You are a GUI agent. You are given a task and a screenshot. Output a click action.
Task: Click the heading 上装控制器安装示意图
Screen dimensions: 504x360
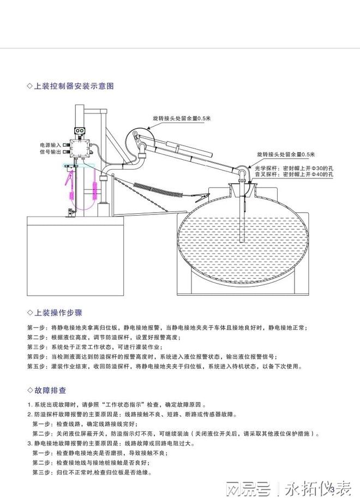click(x=74, y=86)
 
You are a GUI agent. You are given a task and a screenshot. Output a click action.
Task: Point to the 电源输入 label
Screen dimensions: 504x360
click(x=50, y=145)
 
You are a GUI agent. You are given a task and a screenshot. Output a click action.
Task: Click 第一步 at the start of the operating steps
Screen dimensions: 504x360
click(x=37, y=328)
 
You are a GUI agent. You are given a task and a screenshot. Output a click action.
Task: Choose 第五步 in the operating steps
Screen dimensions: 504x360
click(x=37, y=367)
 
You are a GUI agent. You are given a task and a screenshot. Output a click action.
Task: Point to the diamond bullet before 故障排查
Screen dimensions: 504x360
click(x=30, y=391)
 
